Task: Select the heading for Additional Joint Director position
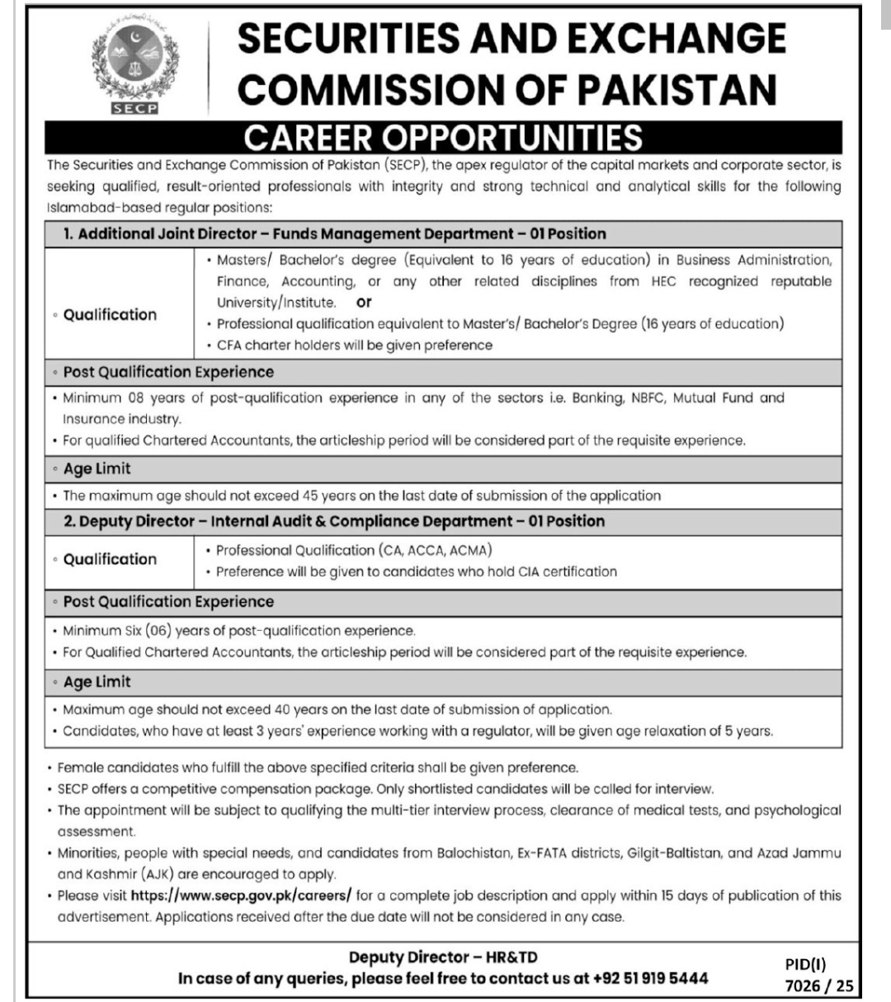point(334,233)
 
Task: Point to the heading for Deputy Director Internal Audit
point(342,521)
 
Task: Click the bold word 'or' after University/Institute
point(364,302)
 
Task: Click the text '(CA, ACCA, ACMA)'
point(436,550)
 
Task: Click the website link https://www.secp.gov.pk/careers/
point(242,895)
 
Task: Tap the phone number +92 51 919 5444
point(651,978)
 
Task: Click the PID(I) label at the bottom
point(805,962)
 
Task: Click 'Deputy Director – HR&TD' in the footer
point(443,957)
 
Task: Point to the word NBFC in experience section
point(647,398)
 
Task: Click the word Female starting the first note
point(81,768)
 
